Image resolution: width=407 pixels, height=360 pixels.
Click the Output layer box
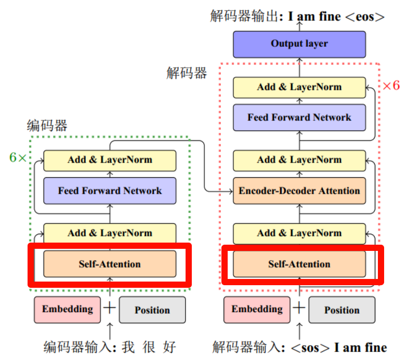point(299,44)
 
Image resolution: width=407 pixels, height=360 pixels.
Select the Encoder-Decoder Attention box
point(299,191)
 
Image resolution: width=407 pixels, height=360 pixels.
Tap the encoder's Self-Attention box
point(110,264)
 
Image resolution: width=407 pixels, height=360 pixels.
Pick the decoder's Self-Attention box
point(299,264)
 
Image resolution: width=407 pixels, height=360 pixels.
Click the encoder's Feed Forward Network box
point(110,191)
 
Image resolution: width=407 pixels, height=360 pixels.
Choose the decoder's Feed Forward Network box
point(299,117)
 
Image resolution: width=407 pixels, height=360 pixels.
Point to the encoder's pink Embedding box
point(68,310)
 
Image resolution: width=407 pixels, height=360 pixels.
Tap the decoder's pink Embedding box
point(257,310)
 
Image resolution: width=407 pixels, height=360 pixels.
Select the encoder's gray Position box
point(152,310)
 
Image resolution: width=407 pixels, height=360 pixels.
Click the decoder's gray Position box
point(342,310)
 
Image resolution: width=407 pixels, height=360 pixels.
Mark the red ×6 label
point(391,85)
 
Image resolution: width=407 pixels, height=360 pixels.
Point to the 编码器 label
point(47,125)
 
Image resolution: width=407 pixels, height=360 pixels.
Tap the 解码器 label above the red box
point(187,72)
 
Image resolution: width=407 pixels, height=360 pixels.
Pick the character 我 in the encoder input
point(128,347)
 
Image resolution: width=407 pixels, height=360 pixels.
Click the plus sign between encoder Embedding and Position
point(110,308)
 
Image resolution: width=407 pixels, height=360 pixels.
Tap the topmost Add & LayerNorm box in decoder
point(299,87)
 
